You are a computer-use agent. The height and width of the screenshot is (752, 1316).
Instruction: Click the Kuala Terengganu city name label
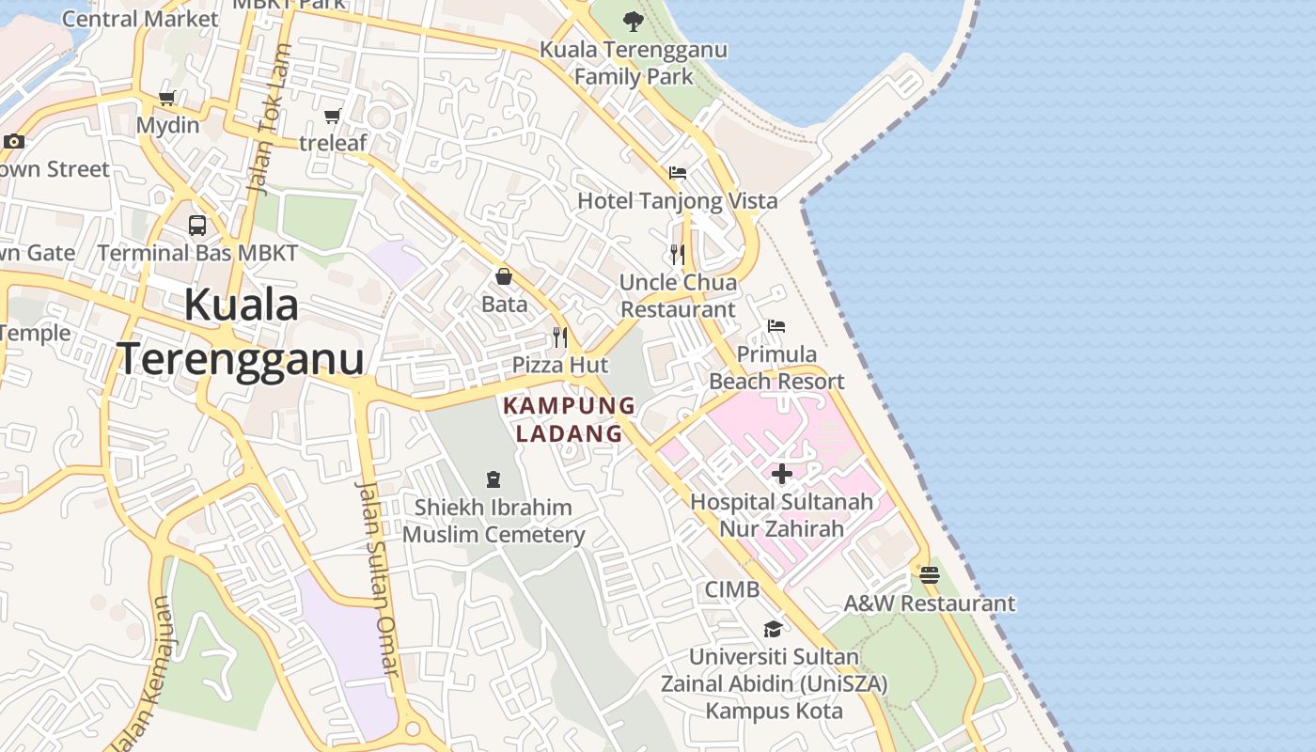241,332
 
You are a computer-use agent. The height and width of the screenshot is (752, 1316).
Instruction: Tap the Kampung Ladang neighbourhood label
570,419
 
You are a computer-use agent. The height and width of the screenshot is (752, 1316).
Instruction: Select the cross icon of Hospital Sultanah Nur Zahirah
782,474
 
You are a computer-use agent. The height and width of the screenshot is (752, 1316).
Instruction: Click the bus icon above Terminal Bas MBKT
197,226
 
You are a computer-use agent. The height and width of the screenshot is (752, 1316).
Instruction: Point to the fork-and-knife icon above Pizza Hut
560,337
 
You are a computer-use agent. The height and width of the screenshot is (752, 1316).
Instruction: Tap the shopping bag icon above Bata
504,276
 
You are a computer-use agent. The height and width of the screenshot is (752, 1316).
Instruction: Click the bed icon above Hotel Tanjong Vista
678,173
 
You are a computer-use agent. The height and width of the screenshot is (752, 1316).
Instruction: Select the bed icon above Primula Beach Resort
776,326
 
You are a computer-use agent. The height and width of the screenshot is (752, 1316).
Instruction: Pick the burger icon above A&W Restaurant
930,574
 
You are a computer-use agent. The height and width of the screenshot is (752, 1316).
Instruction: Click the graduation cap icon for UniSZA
773,629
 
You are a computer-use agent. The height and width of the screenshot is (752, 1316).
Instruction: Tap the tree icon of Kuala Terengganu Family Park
634,21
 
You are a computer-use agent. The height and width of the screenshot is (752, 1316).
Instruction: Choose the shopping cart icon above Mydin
167,98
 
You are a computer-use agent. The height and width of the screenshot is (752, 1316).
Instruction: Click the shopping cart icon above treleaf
332,116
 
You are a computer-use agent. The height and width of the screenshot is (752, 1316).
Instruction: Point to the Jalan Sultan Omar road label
378,577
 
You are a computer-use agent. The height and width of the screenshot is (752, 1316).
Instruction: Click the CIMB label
732,589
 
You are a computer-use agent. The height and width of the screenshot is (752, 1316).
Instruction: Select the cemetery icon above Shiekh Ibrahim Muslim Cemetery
493,479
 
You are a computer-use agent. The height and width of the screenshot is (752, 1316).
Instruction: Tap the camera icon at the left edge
13,142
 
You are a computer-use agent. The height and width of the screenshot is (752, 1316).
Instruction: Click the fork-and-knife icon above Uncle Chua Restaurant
677,254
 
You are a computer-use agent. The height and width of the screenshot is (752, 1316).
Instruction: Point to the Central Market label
140,18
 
